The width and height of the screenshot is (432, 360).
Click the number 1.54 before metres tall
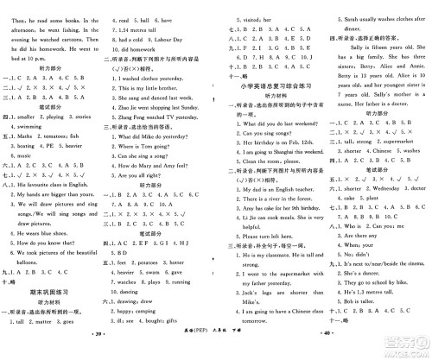126,28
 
